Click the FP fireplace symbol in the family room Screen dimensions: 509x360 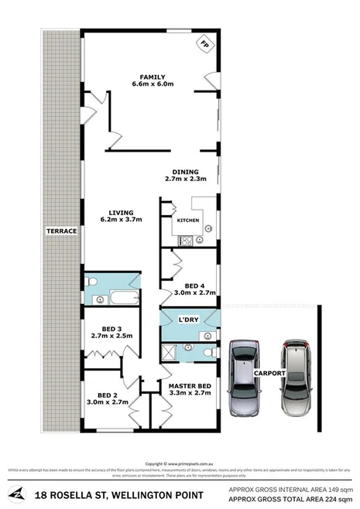coord(206,46)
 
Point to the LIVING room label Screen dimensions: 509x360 coord(122,213)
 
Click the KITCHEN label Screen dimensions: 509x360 coord(188,220)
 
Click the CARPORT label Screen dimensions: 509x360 coord(270,373)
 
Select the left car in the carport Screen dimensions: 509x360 coord(244,377)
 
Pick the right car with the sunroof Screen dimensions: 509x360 coord(297,377)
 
